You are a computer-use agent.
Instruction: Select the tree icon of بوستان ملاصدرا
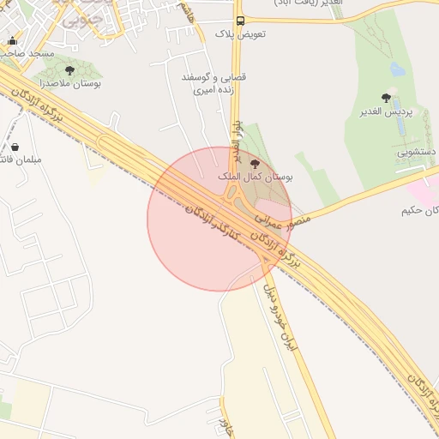[x=69, y=71]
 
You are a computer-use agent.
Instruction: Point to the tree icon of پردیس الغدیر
[x=387, y=98]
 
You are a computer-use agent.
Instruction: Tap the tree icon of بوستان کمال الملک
[x=254, y=162]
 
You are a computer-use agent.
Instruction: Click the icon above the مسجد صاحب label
[x=12, y=40]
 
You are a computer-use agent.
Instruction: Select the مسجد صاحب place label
[x=28, y=53]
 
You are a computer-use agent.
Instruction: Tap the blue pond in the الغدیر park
[x=398, y=69]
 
